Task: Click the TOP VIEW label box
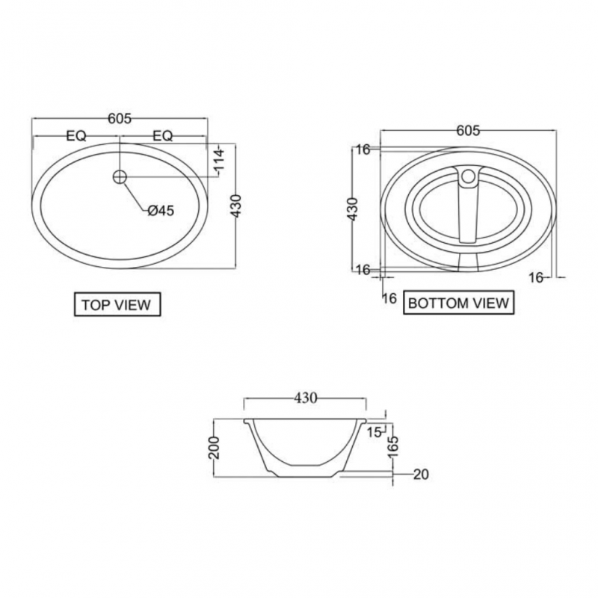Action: click(x=116, y=304)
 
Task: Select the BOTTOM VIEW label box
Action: click(x=458, y=303)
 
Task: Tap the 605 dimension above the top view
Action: click(x=120, y=119)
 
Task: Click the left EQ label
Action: click(x=75, y=136)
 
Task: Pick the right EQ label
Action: click(x=162, y=136)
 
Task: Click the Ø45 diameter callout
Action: click(x=160, y=211)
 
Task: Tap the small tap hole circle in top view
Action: click(x=120, y=177)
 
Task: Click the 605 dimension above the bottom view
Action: click(x=467, y=131)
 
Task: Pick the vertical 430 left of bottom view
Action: click(x=354, y=210)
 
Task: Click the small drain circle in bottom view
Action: click(x=469, y=177)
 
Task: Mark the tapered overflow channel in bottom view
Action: click(x=469, y=213)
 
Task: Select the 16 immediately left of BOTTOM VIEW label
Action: click(x=389, y=298)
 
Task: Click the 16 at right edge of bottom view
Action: click(x=535, y=277)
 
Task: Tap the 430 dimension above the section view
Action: click(x=306, y=398)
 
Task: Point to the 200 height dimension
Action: click(x=215, y=449)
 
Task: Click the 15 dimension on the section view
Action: click(x=374, y=431)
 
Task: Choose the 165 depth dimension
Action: click(x=392, y=447)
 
